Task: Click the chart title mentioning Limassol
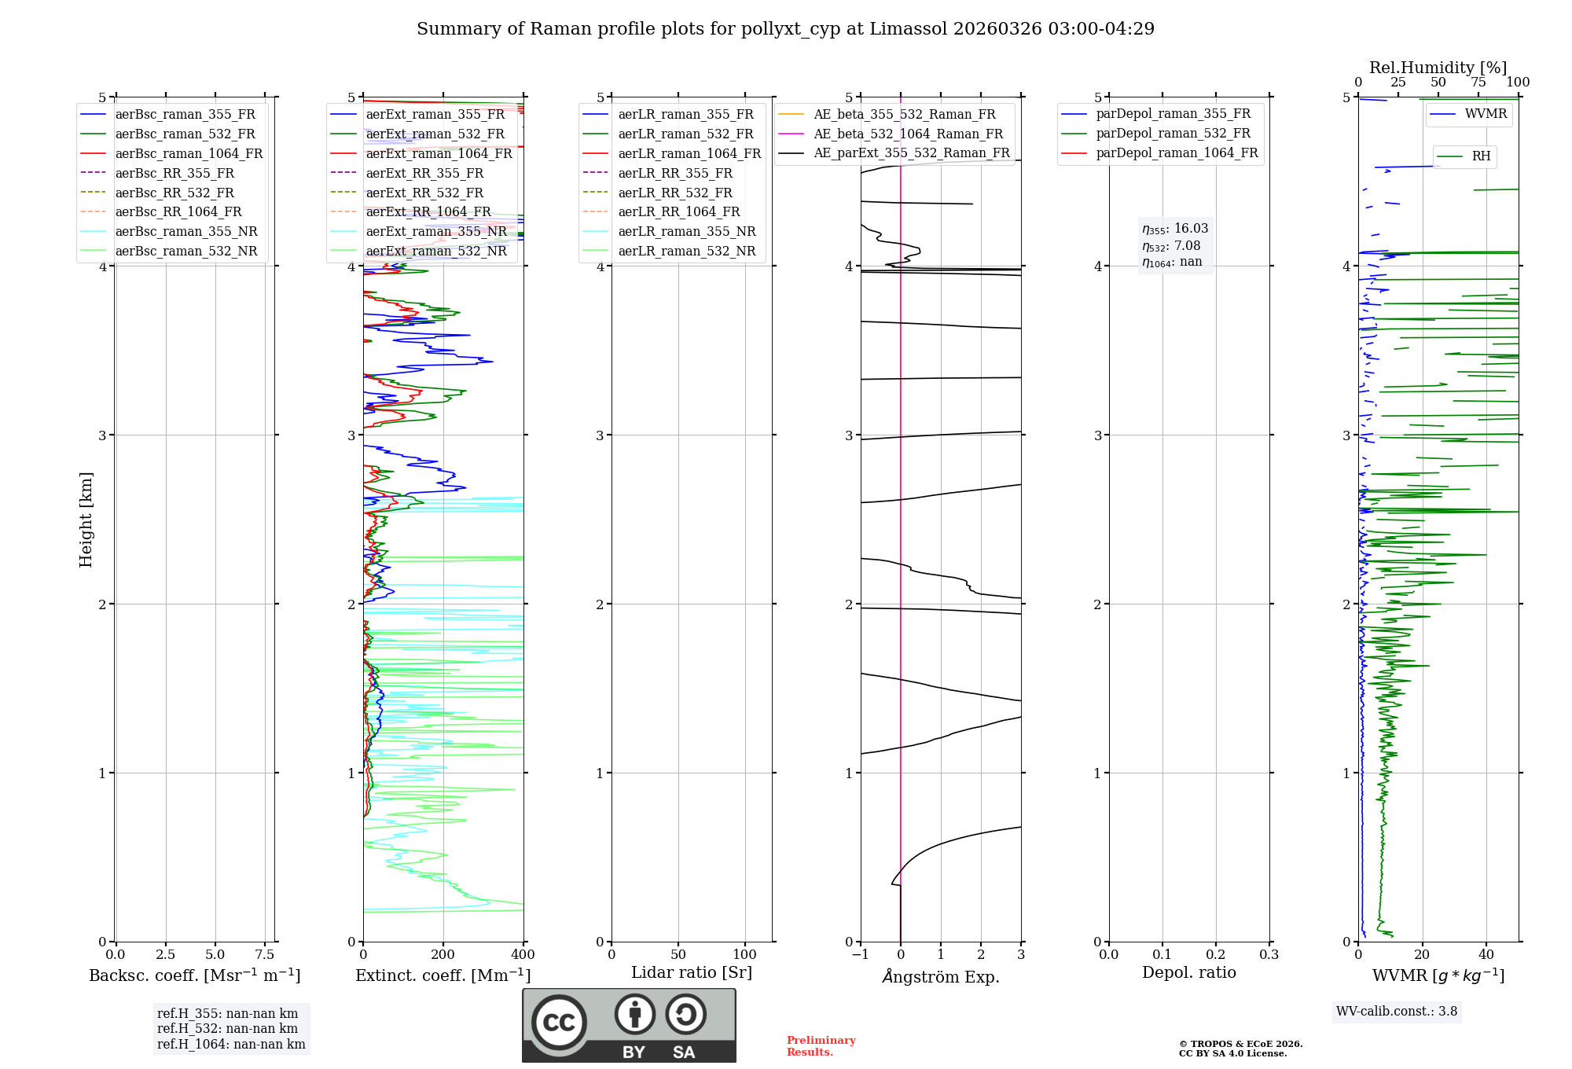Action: coord(785,29)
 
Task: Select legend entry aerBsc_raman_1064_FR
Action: coord(189,153)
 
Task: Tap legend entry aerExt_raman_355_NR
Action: coord(436,231)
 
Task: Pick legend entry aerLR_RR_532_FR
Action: coord(674,193)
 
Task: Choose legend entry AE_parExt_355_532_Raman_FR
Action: coord(911,152)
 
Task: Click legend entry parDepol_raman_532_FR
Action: coord(1173,134)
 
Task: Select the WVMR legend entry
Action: coord(1485,114)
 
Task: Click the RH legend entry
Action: coord(1481,156)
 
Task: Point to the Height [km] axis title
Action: coord(86,519)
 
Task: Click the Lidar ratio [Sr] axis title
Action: coord(691,972)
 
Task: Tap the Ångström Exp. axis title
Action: coord(940,976)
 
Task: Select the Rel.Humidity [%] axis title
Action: coord(1438,68)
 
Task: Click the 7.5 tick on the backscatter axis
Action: coord(265,955)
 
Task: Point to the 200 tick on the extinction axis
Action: coord(443,955)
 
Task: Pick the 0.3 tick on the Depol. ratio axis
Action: coord(1269,955)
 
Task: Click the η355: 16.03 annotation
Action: coord(1175,229)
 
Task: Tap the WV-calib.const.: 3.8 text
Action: coord(1396,1012)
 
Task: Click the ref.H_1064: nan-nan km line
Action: coord(231,1044)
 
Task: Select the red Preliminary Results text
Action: coord(821,1046)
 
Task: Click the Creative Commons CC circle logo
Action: coord(559,1022)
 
